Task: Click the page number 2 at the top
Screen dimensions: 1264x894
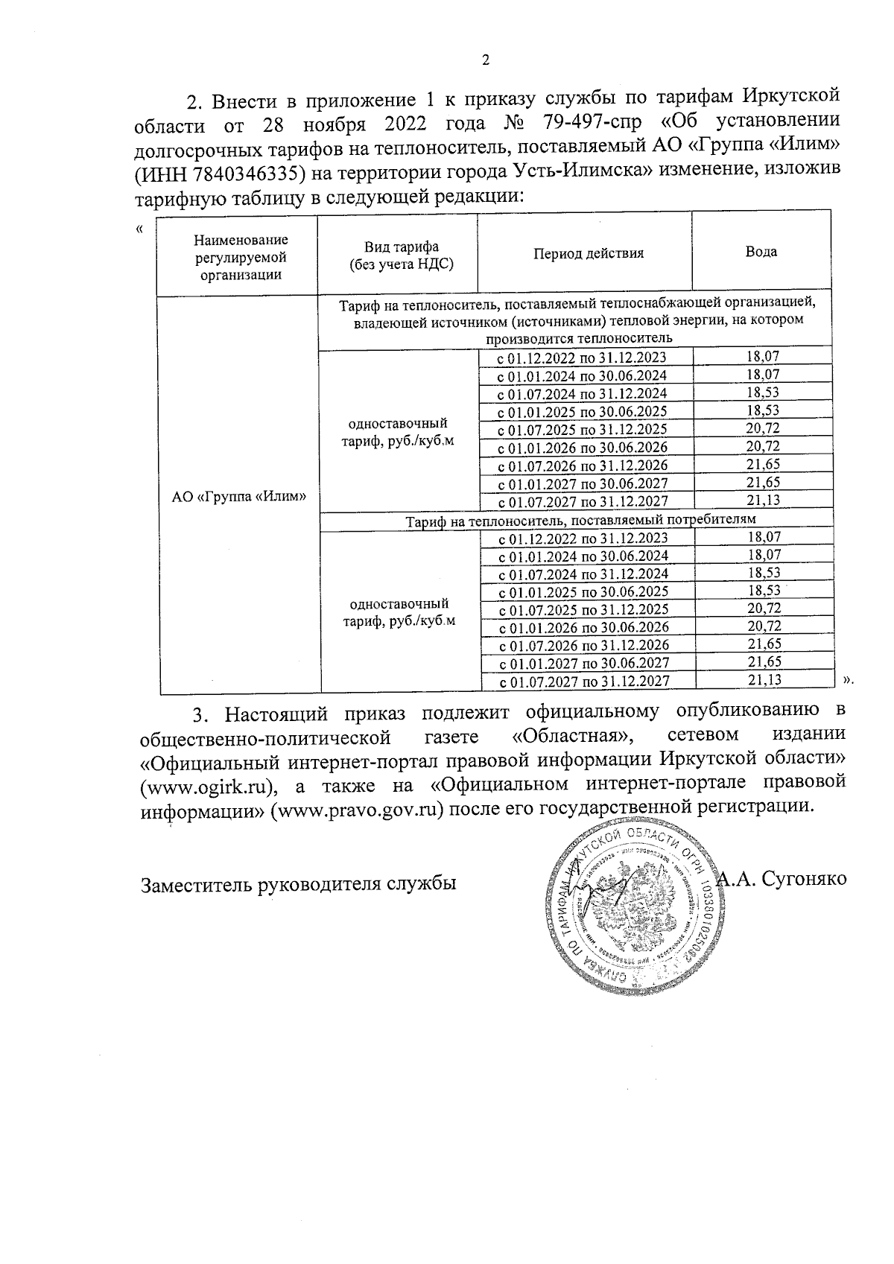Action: pyautogui.click(x=486, y=61)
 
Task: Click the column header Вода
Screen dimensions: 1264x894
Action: pyautogui.click(x=761, y=251)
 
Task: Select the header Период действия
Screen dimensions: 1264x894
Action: pyautogui.click(x=588, y=253)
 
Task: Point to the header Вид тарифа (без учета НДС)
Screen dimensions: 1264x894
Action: pyautogui.click(x=401, y=255)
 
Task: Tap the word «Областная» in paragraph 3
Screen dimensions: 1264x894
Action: pyautogui.click(x=571, y=736)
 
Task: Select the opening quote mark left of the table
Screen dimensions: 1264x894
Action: pyautogui.click(x=140, y=229)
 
